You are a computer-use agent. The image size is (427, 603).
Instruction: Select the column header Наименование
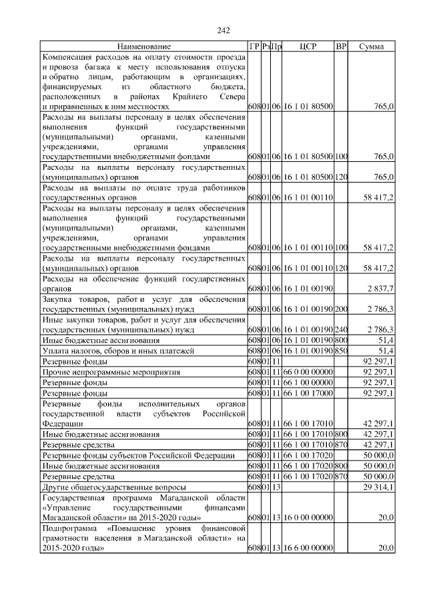[x=143, y=47]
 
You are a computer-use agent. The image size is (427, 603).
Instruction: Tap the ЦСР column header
[x=308, y=47]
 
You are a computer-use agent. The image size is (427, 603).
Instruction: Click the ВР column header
[x=341, y=47]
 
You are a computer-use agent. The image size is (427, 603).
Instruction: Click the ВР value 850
[x=341, y=350]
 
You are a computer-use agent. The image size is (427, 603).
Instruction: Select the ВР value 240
[x=341, y=329]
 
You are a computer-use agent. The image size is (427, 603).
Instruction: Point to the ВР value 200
[x=341, y=309]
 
